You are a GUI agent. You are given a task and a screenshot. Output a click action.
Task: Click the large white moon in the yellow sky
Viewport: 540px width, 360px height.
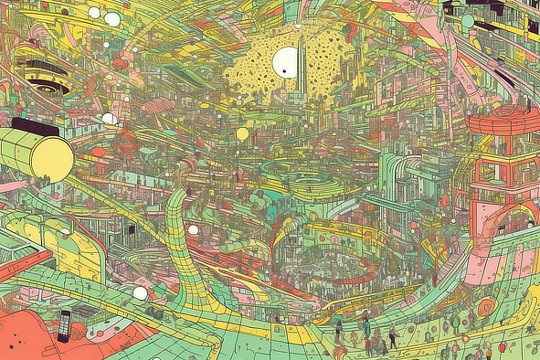[286, 62]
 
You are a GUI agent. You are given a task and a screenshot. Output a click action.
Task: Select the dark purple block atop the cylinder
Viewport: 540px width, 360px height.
[35, 127]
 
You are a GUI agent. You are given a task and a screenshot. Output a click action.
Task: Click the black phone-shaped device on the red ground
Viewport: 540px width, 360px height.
[63, 325]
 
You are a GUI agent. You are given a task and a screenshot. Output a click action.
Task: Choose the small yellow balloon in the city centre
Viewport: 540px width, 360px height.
[242, 134]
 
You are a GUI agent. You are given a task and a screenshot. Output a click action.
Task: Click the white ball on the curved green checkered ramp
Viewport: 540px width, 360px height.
[193, 230]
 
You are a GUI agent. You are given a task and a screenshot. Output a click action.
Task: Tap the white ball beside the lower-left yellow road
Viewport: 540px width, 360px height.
[140, 293]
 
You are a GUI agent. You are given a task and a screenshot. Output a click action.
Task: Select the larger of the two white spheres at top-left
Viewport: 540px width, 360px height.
[112, 18]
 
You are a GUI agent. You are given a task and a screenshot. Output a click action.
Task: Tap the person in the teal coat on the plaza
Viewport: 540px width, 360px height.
[366, 324]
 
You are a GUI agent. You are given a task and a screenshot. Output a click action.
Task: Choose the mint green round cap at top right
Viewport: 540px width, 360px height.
[468, 21]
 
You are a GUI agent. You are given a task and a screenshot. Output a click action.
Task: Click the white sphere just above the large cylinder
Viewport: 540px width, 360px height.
[109, 119]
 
